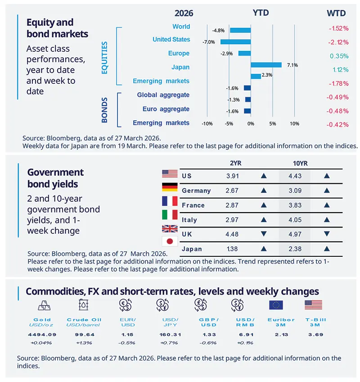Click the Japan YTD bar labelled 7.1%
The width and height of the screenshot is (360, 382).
pyautogui.click(x=266, y=65)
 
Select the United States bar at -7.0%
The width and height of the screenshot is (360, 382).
pyautogui.click(x=235, y=42)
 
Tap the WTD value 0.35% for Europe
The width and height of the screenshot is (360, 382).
pyautogui.click(x=339, y=56)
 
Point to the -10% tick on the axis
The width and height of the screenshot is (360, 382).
pyautogui.click(x=207, y=123)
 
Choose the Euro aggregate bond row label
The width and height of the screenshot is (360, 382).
pyautogui.click(x=166, y=109)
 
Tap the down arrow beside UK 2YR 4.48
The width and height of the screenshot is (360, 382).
pyautogui.click(x=264, y=234)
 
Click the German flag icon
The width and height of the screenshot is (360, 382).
pyautogui.click(x=170, y=187)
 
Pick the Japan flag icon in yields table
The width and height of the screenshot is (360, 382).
pyautogui.click(x=170, y=241)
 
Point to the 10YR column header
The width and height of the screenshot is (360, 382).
pyautogui.click(x=295, y=163)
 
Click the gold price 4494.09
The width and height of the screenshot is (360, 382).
pyautogui.click(x=42, y=335)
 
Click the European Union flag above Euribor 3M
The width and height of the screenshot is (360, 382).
pyautogui.click(x=275, y=305)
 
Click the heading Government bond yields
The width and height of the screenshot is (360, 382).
pyautogui.click(x=56, y=178)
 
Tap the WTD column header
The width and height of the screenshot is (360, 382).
pyautogui.click(x=337, y=13)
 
